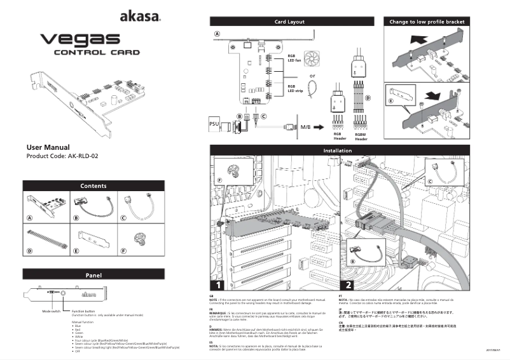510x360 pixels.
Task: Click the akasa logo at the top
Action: click(140, 17)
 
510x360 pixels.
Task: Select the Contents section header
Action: click(93, 186)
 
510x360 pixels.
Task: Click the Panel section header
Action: click(93, 275)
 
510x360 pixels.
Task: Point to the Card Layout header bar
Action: click(289, 22)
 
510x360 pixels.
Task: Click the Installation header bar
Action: click(338, 150)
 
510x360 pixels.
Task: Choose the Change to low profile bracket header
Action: click(427, 22)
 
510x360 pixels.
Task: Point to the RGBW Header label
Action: click(361, 137)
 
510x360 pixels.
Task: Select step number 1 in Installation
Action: click(219, 284)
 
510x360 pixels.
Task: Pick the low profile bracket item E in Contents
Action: click(93, 240)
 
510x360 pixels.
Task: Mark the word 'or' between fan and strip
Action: click(312, 76)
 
